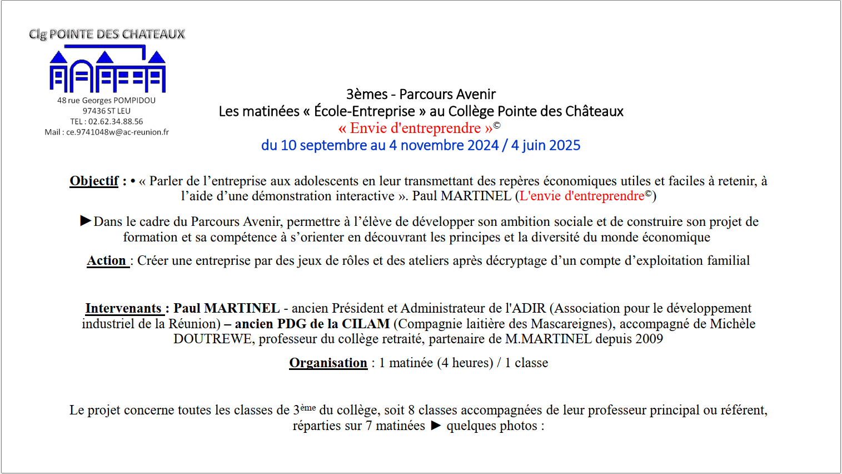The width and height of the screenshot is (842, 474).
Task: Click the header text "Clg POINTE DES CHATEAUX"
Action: (107, 34)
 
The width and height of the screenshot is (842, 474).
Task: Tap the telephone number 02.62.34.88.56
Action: (116, 121)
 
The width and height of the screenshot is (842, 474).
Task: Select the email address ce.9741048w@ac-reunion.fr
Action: (117, 132)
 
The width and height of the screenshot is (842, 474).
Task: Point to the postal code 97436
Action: (94, 111)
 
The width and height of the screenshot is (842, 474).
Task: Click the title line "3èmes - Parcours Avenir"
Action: (421, 94)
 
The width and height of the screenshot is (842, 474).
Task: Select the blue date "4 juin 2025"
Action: (546, 145)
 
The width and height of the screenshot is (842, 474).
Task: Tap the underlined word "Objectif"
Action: (94, 181)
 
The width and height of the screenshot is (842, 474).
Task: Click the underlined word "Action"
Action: (107, 260)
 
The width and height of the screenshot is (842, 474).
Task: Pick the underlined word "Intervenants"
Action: (123, 308)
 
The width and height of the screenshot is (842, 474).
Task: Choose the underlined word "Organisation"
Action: (328, 363)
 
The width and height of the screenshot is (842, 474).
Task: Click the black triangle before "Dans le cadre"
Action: (86, 221)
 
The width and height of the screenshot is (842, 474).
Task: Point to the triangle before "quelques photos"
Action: (436, 426)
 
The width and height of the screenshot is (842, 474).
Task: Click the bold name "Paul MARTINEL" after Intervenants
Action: (226, 308)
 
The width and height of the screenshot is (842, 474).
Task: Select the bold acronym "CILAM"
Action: (366, 324)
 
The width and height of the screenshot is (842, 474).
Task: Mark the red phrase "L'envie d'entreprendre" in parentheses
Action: (582, 196)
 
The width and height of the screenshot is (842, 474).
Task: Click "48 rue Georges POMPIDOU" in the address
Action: (106, 100)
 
